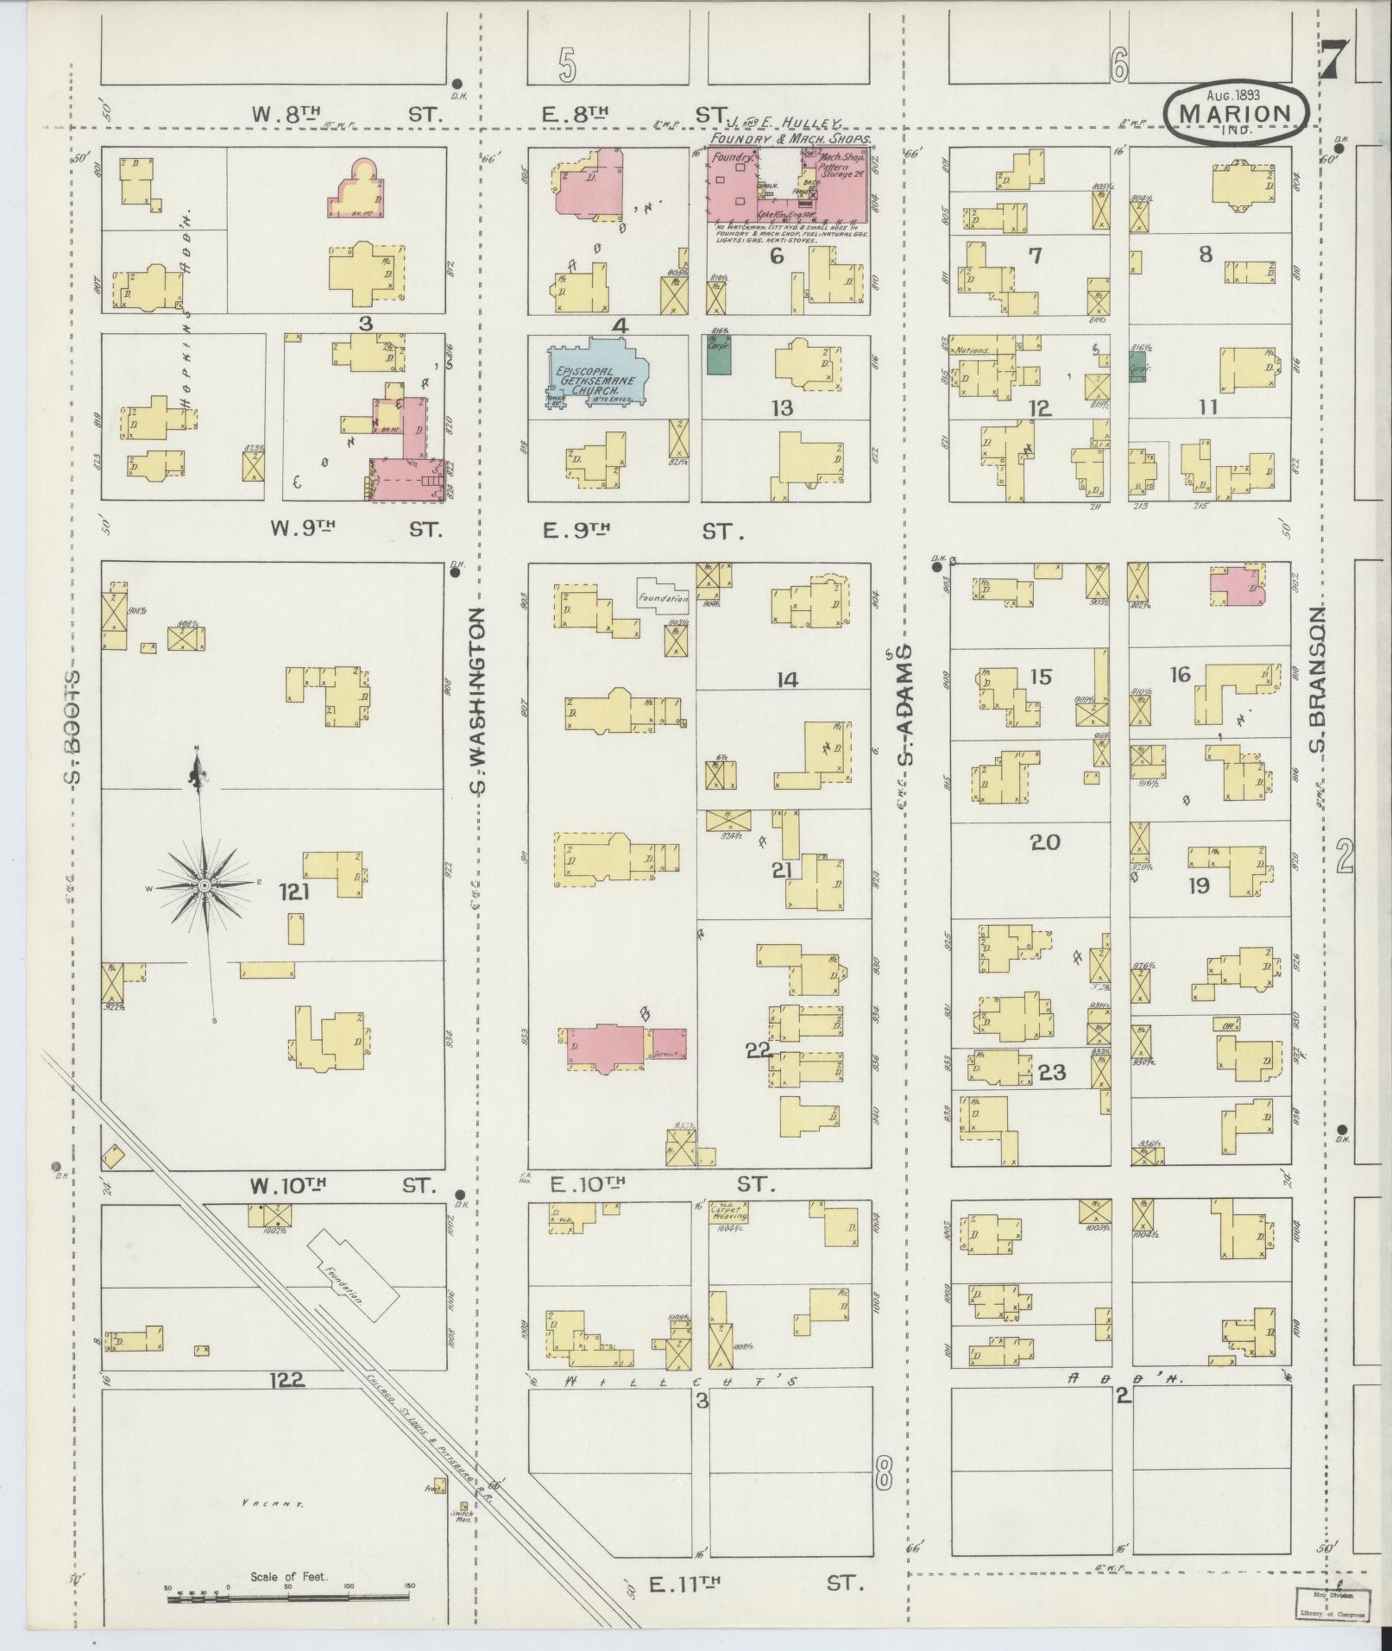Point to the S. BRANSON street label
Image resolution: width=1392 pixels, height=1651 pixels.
click(x=1317, y=681)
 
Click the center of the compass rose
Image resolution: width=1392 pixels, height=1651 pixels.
click(x=205, y=885)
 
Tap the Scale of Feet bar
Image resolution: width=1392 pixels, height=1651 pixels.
click(x=289, y=1598)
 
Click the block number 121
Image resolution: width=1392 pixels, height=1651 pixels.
click(x=293, y=892)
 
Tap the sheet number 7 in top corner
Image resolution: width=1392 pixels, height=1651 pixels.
click(x=1335, y=60)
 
